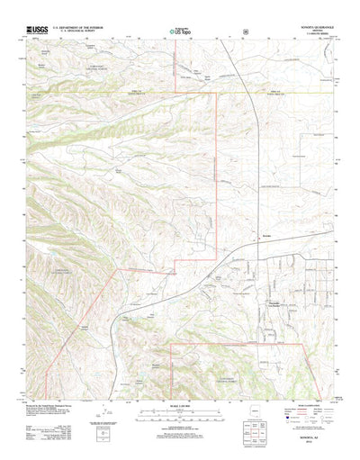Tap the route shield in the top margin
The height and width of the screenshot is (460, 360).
coord(245,32)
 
